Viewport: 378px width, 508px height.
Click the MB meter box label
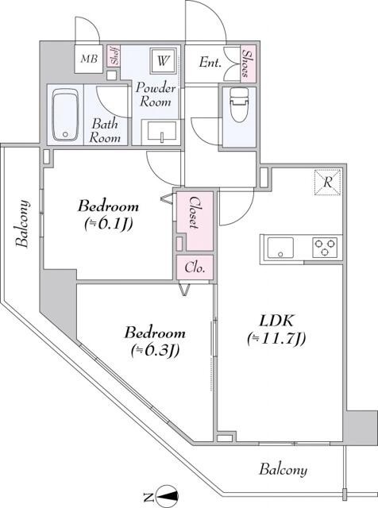tap(87, 59)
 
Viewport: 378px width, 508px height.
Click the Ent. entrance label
tap(210, 62)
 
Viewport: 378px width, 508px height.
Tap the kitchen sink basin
tap(281, 248)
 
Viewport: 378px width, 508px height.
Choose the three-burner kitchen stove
tap(325, 248)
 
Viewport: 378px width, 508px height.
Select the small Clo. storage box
tap(195, 268)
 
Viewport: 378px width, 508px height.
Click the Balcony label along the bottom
tap(283, 470)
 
